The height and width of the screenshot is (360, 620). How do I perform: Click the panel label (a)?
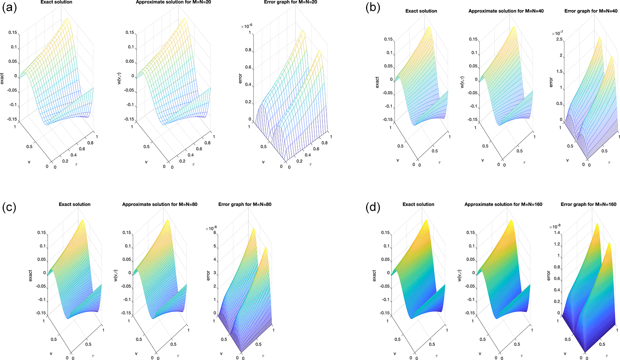9,7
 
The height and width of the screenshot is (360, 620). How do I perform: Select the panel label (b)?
373,7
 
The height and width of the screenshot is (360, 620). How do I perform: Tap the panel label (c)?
9,207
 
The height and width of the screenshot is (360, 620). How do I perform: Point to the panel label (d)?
373,207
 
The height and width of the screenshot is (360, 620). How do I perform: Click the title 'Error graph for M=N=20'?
290,2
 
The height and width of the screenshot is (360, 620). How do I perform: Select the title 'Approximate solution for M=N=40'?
506,11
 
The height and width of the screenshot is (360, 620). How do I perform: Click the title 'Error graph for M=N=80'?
245,204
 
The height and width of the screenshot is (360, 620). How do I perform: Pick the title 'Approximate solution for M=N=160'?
503,204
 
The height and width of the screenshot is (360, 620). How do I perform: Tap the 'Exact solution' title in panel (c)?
74,204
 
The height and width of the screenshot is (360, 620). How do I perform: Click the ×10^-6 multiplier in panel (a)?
247,26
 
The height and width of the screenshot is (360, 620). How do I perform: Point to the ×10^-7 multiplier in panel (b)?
557,33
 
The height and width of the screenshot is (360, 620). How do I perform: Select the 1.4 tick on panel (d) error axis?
557,233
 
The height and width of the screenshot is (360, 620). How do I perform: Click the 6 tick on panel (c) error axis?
214,233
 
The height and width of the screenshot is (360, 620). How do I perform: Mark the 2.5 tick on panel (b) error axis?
559,39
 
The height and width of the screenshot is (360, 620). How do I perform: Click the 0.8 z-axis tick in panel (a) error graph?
248,50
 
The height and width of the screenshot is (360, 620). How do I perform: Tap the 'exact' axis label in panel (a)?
2,79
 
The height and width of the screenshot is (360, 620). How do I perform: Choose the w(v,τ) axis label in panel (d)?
460,275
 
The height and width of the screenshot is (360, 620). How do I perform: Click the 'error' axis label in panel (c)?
208,275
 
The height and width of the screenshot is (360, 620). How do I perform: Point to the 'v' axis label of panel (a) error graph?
263,162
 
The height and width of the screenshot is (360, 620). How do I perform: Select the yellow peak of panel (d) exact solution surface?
426,221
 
